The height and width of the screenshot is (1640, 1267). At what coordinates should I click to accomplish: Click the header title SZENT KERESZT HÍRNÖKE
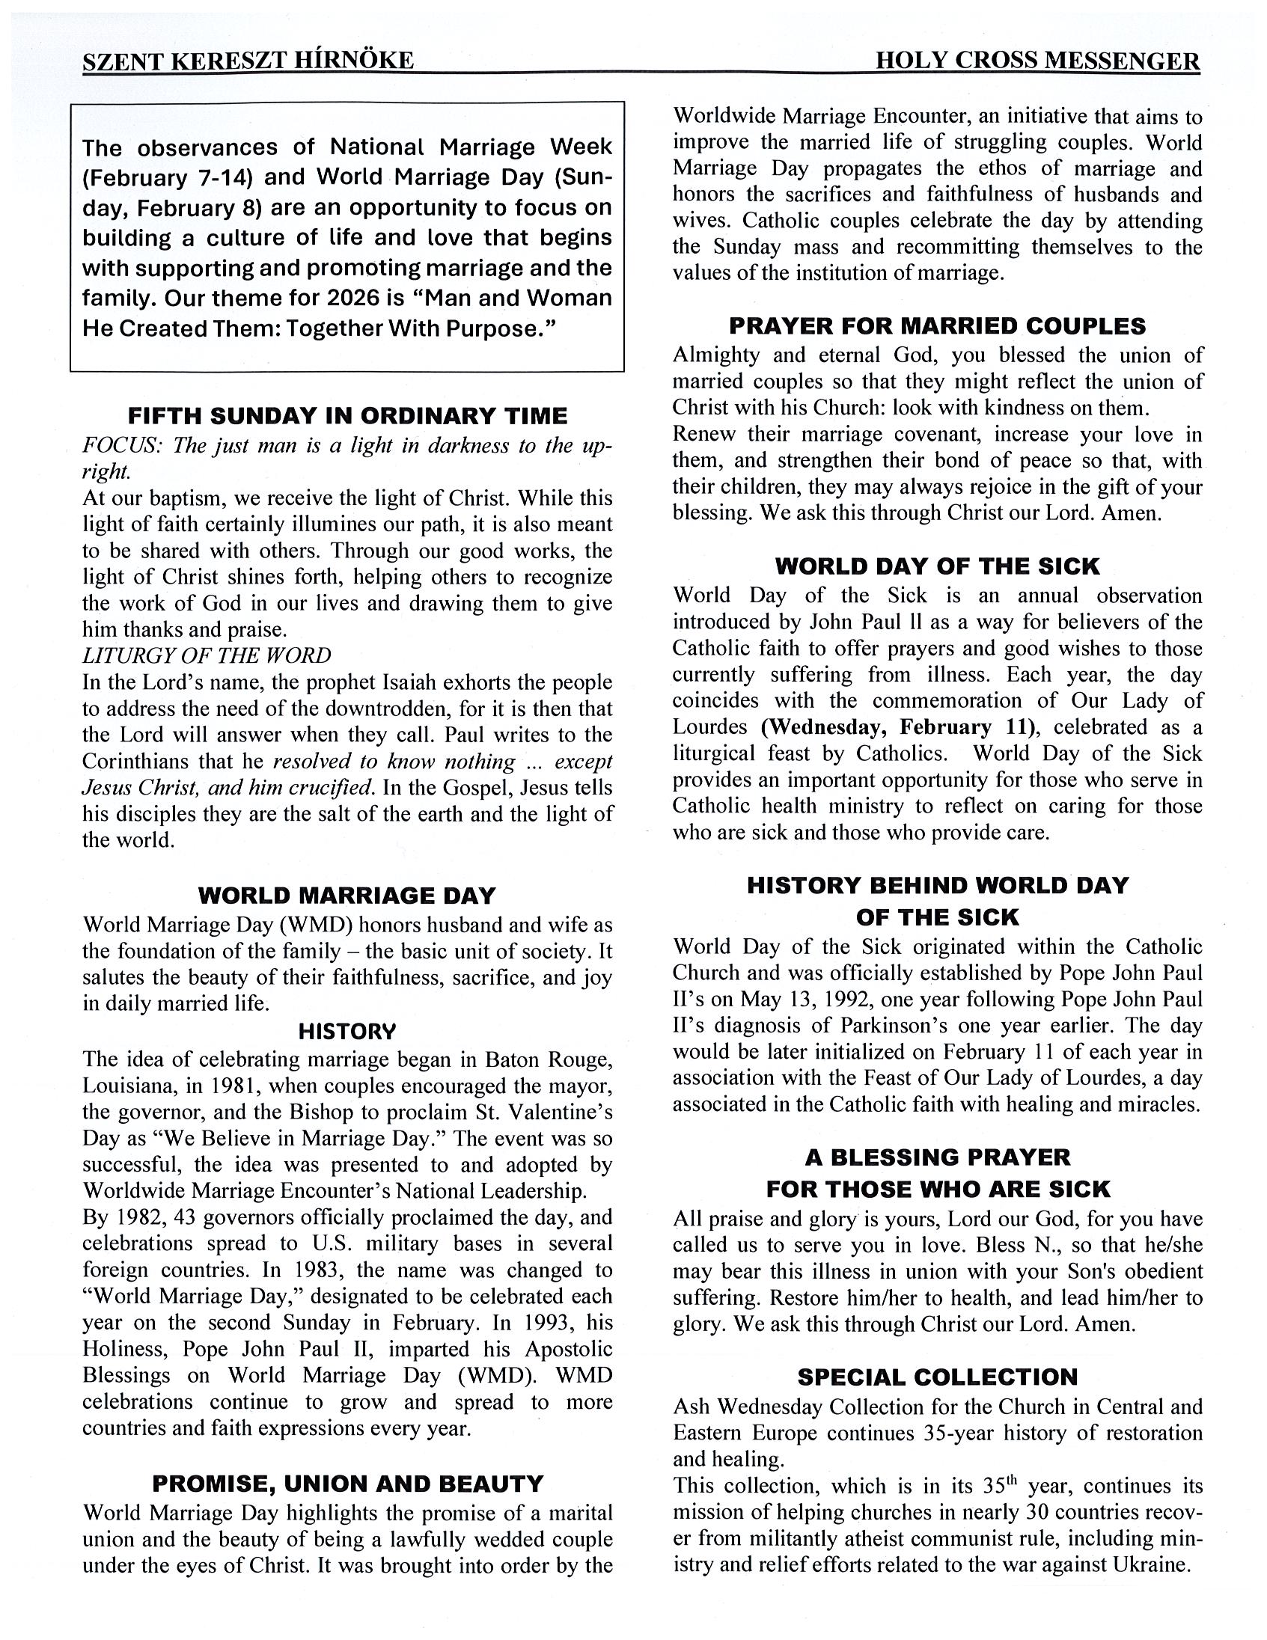(248, 61)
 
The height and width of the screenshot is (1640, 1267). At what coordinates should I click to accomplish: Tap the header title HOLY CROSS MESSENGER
(1037, 61)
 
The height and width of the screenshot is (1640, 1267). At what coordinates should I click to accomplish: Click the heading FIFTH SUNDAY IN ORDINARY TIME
(348, 416)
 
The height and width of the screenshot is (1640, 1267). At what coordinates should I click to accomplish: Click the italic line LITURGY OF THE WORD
(207, 655)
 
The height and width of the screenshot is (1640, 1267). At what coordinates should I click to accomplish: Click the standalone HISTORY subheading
(347, 1032)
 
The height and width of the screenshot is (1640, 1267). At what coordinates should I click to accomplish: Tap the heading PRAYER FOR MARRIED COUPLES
(937, 326)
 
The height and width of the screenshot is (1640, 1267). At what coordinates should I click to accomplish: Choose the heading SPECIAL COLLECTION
(937, 1377)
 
